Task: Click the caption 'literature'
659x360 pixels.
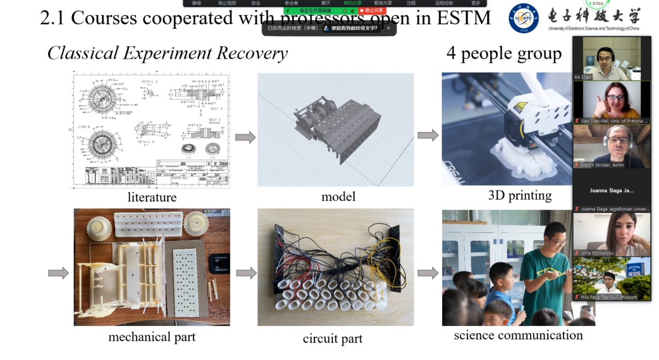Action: pyautogui.click(x=152, y=197)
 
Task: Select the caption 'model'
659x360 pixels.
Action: pyautogui.click(x=338, y=196)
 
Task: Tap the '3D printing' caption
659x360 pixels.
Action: pyautogui.click(x=519, y=195)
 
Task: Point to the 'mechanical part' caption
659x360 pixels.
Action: pyautogui.click(x=152, y=337)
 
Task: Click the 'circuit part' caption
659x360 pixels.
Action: pyautogui.click(x=333, y=338)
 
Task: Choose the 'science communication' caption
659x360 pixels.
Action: pyautogui.click(x=518, y=335)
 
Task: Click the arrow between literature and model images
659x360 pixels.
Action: pyautogui.click(x=245, y=137)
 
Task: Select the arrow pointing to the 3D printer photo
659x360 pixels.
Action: pyautogui.click(x=427, y=135)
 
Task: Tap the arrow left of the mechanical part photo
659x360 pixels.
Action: pyautogui.click(x=58, y=273)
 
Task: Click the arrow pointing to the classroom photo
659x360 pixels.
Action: pyautogui.click(x=427, y=273)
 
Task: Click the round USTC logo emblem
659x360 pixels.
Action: pyautogui.click(x=524, y=18)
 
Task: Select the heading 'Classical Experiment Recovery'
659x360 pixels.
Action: pyautogui.click(x=167, y=53)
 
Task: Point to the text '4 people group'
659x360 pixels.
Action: pyautogui.click(x=504, y=53)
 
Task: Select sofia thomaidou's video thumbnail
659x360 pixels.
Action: pyautogui.click(x=611, y=234)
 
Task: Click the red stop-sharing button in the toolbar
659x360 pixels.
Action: pyautogui.click(x=371, y=10)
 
